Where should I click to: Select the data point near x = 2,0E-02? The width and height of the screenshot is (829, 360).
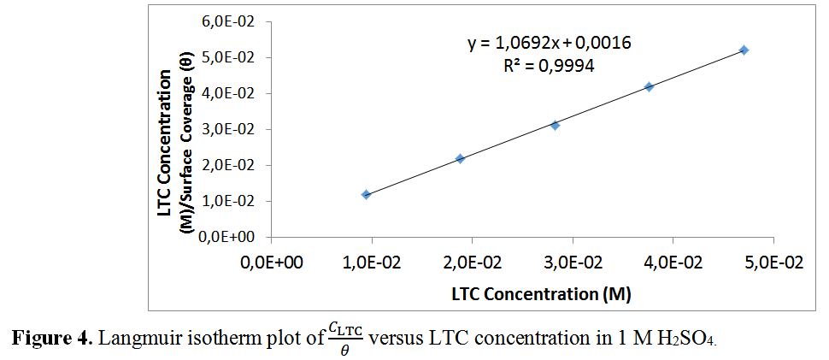click(x=460, y=158)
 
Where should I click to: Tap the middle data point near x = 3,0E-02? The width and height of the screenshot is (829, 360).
click(x=555, y=125)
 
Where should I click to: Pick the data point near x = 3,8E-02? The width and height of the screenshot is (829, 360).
click(x=649, y=86)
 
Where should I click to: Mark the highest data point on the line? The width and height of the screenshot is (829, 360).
click(x=744, y=50)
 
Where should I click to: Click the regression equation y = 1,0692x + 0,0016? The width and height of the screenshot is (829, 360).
click(x=549, y=43)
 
